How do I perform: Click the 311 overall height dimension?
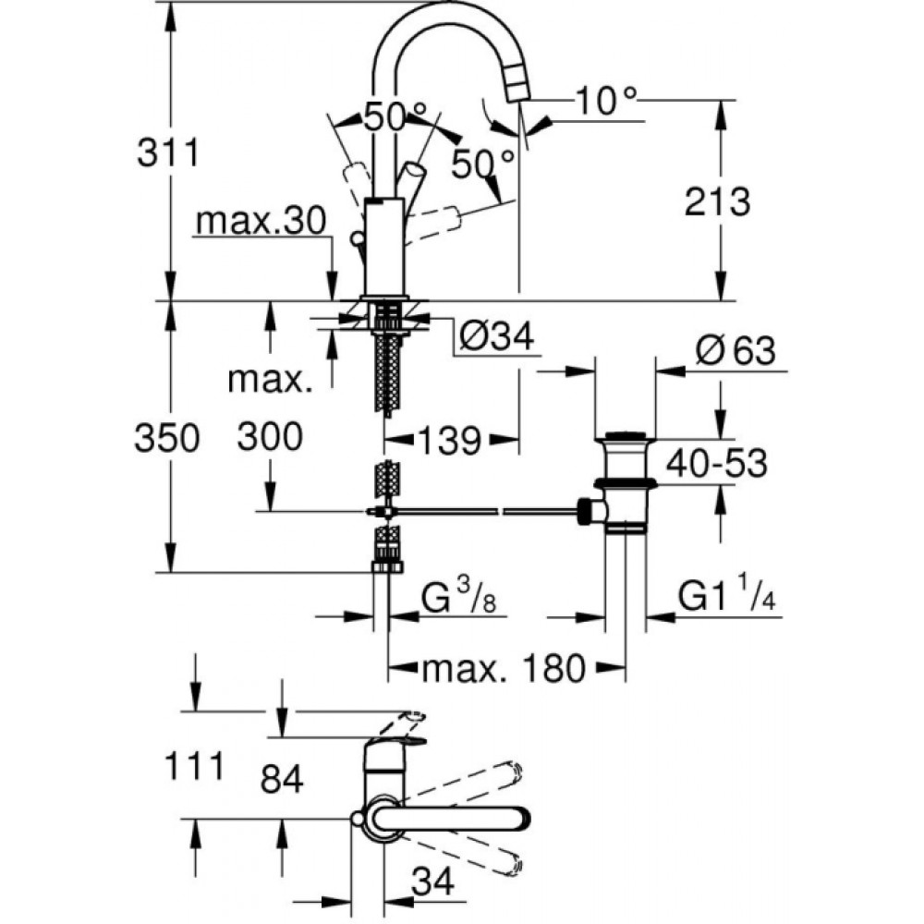coord(168,153)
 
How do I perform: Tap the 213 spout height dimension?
coord(717,202)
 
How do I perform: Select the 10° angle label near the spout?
coord(606,101)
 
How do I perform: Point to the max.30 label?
coord(261,221)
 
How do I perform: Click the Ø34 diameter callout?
coord(497,337)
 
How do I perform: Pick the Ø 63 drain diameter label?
coord(736,351)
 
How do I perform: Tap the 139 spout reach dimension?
coord(450,440)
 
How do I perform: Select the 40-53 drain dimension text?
coord(717,463)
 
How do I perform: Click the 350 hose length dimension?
coord(167,438)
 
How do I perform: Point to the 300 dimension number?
coord(270,437)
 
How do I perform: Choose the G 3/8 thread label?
coord(459,598)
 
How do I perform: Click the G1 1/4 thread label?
coord(726,595)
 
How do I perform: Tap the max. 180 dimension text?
coord(504,669)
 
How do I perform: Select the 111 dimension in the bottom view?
coord(194,767)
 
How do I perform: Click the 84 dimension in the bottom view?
coord(282,779)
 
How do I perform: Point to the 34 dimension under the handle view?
coord(433,881)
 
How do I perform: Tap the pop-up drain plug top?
coord(626,437)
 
